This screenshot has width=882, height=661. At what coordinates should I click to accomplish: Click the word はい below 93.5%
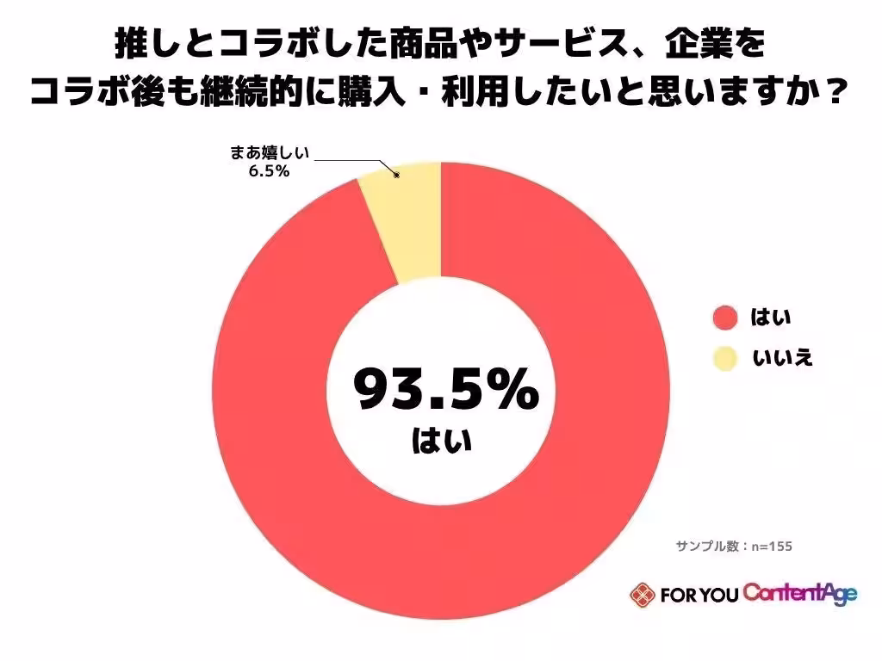pos(442,442)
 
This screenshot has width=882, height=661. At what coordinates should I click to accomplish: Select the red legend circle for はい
pos(726,318)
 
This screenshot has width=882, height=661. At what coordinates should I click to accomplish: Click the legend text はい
pos(771,318)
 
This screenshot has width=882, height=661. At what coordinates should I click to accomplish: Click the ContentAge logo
pos(800,594)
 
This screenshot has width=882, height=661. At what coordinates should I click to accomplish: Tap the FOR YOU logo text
pos(699,595)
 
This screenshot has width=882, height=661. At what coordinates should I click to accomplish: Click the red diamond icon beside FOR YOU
pos(641,595)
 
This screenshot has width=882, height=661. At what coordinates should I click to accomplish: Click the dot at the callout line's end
pos(397,176)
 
